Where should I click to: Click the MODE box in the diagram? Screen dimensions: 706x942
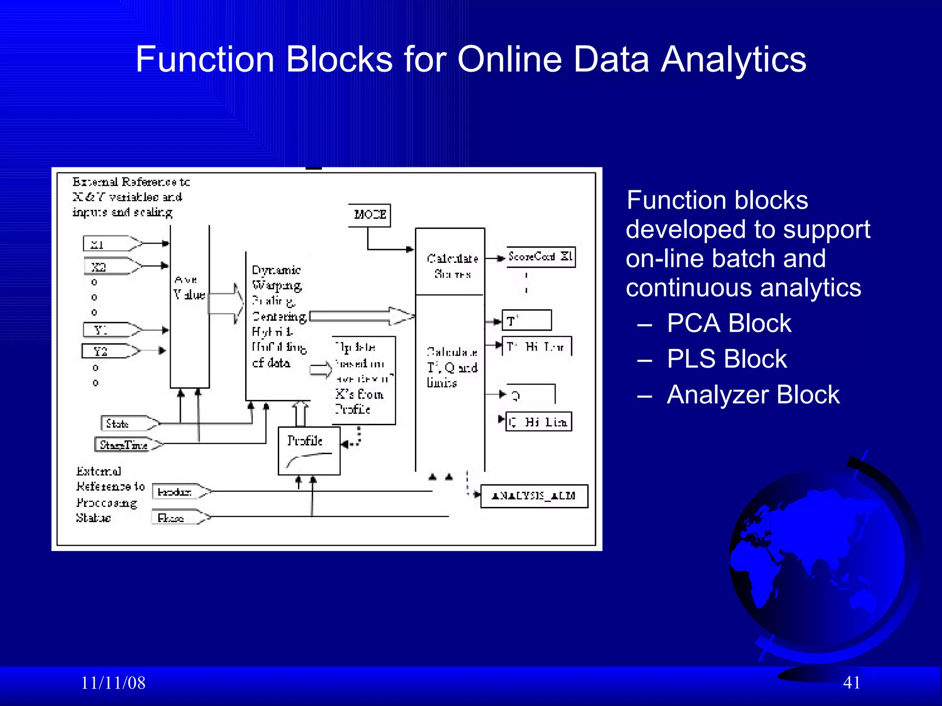pos(369,215)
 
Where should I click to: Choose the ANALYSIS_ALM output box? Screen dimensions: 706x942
pos(534,496)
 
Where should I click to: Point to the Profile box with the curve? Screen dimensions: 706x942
pos(309,451)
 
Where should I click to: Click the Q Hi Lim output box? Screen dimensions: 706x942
pos(539,421)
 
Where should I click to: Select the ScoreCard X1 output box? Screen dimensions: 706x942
pos(541,256)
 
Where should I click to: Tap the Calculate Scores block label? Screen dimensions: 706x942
pos(452,266)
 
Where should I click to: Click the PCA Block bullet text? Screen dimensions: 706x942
pos(729,323)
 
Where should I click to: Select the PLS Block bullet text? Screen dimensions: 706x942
pos(727,359)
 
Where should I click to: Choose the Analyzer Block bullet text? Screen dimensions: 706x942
pos(753,395)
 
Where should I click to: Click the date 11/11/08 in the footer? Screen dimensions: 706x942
pos(113,683)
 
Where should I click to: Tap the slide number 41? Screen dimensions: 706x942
pos(851,683)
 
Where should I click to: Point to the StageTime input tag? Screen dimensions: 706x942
pos(127,444)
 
